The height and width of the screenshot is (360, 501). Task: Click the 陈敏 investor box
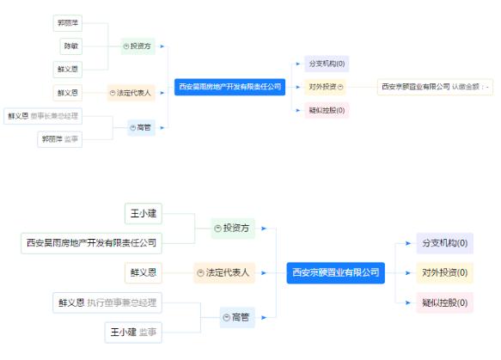[x=69, y=45]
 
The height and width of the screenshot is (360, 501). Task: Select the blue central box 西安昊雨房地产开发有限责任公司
[x=229, y=87]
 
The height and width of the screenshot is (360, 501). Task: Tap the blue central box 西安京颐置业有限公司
[x=335, y=272]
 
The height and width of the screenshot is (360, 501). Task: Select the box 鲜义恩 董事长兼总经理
[x=43, y=115]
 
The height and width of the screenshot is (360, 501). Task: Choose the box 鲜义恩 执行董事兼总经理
[x=106, y=302]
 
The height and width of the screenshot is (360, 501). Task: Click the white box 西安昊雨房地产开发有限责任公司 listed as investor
[x=92, y=243]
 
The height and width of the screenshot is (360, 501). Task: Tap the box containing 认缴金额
[x=437, y=87]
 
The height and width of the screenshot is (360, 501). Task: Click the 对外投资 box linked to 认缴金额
[x=326, y=87]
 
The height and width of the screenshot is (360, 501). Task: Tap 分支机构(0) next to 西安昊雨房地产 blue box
[x=327, y=64]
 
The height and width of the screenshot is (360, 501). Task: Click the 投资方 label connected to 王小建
[x=234, y=228]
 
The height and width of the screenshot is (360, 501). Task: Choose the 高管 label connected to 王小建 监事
[x=237, y=318]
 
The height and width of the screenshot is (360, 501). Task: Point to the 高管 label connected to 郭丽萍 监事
[x=142, y=128]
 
